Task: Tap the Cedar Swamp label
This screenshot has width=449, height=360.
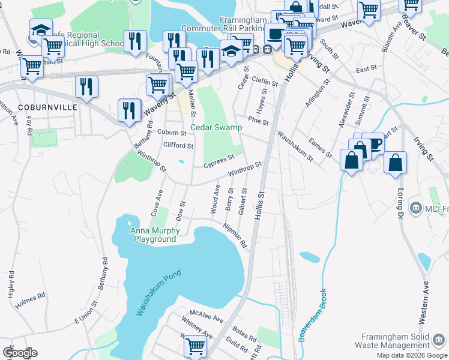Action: point(216,127)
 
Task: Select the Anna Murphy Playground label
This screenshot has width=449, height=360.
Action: point(154,235)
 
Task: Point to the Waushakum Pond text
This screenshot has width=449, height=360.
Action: point(158,293)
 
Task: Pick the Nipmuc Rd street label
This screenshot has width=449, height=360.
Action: point(235,236)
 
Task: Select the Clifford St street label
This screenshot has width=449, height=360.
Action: point(178,145)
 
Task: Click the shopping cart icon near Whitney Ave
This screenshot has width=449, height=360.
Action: point(195,346)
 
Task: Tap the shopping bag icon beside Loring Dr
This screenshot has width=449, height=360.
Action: point(396,163)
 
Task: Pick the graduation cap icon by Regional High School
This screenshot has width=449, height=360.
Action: point(41,29)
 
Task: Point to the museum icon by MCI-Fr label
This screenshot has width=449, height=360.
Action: point(415,208)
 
